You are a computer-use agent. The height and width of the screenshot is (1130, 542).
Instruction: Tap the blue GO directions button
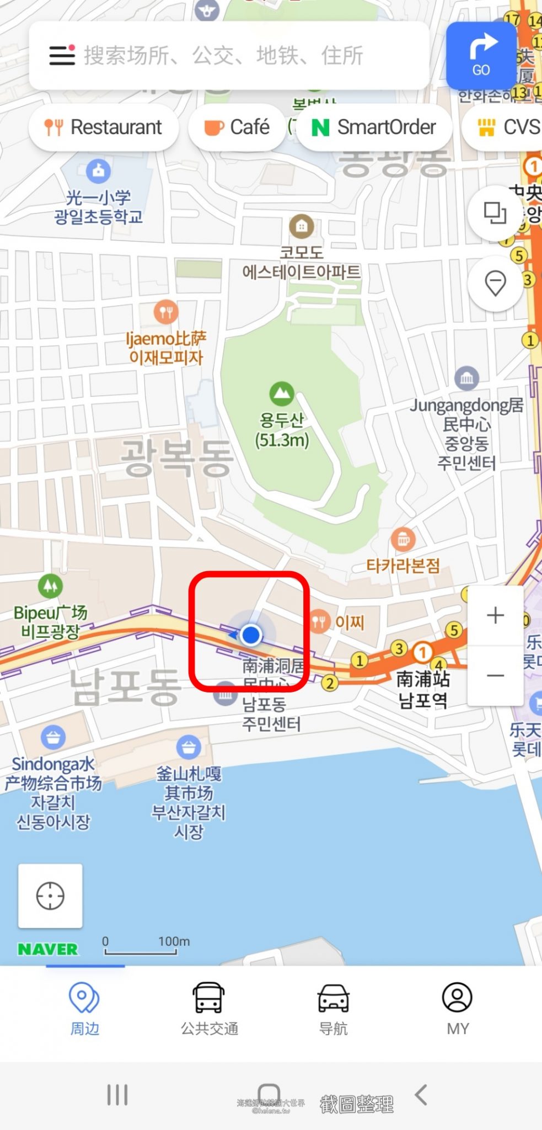pos(481,55)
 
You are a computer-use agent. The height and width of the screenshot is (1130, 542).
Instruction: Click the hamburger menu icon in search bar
pos(62,55)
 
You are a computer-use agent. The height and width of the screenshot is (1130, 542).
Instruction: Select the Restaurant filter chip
pos(104,127)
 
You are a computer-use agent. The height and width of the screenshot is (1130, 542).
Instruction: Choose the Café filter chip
pos(237,127)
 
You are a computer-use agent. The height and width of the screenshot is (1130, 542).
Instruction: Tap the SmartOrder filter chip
pos(374,127)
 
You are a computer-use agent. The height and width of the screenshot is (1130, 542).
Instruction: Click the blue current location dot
pos(251,635)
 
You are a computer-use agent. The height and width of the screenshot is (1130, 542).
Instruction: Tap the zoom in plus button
pos(495,615)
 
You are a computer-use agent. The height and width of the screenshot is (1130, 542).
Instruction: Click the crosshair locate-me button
pos(50,896)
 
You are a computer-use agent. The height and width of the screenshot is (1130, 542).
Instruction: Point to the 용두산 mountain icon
pos(281,393)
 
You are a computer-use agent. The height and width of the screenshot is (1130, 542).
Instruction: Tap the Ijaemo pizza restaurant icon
pos(166,312)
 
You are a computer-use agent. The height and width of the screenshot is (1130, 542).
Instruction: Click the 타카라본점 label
pos(403,566)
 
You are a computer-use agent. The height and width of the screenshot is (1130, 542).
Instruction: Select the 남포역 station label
pos(423,700)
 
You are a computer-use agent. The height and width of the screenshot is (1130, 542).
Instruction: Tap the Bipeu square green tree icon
pos(50,585)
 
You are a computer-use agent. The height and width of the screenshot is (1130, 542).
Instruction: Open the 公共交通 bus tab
pos(209,1008)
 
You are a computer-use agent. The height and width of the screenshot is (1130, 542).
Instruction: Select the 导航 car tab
pos(333,1008)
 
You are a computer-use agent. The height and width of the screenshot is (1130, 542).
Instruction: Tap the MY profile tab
pos(457,1008)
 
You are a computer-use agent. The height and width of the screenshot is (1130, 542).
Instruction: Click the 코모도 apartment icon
pos(301,226)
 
